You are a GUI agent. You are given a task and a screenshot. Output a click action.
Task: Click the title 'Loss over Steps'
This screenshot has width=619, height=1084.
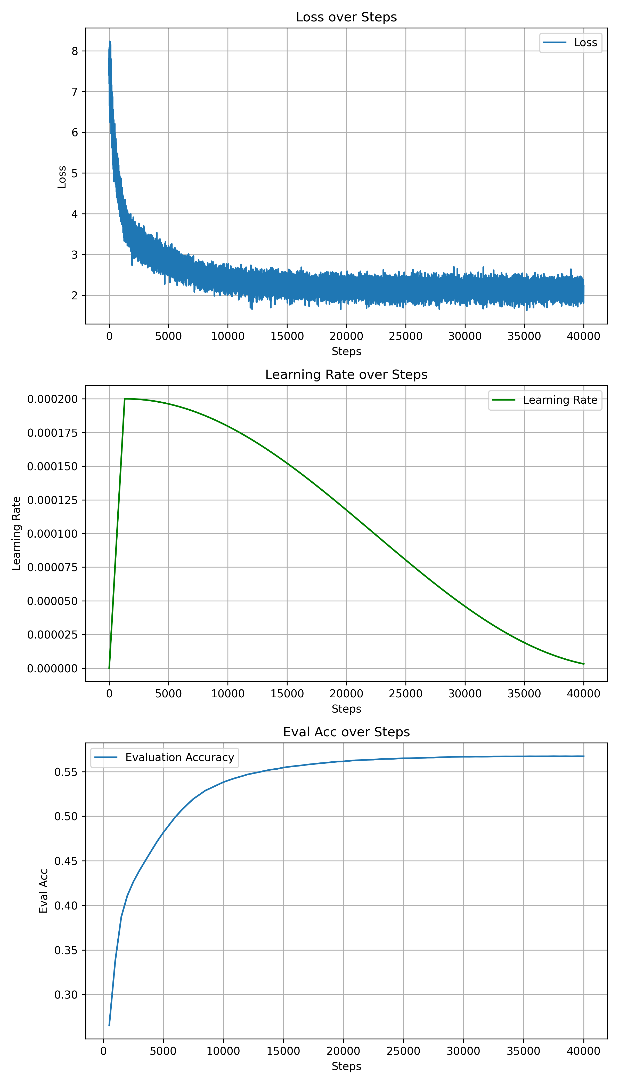346,17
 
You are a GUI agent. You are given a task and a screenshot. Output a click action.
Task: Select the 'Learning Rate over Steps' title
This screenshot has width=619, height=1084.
346,374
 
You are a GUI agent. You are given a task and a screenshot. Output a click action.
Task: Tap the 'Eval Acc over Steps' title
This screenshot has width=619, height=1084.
346,732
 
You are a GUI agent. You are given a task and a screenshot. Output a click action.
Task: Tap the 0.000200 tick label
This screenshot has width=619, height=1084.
53,399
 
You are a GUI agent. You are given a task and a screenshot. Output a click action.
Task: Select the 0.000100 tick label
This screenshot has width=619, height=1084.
53,533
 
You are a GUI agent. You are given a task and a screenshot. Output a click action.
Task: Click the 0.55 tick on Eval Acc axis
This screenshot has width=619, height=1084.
66,772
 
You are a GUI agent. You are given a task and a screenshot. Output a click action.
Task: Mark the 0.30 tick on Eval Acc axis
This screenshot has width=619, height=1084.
66,995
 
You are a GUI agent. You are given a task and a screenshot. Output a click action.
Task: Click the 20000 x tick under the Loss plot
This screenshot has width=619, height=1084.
346,336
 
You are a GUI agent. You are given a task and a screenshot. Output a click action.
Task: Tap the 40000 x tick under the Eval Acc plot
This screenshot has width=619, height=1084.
583,1051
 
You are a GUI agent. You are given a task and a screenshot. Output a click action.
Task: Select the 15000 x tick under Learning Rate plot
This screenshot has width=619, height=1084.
287,694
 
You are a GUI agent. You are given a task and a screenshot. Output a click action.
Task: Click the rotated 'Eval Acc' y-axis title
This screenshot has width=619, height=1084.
43,890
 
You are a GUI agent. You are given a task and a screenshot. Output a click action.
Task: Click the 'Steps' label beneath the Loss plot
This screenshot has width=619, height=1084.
346,352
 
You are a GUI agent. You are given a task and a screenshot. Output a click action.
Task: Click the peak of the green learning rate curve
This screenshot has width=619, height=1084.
125,399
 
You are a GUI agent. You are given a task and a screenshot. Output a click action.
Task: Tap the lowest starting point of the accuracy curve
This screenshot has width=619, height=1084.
109,1025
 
